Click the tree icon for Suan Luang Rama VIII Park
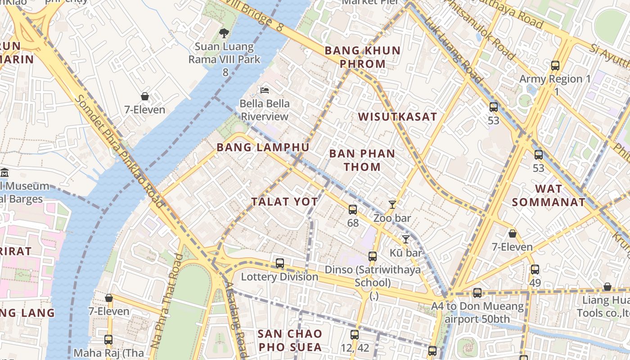224,33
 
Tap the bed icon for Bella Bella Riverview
265,90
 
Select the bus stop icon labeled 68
353,209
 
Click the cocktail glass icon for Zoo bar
392,205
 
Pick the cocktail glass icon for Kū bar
406,239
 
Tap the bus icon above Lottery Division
280,263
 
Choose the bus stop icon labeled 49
535,270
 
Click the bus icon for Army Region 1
555,66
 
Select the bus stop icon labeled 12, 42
355,334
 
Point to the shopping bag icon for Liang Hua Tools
607,287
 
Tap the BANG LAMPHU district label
263,148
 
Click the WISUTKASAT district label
397,117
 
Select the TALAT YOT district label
284,202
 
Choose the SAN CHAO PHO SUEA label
290,340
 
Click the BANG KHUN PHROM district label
362,57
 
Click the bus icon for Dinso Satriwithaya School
373,256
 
